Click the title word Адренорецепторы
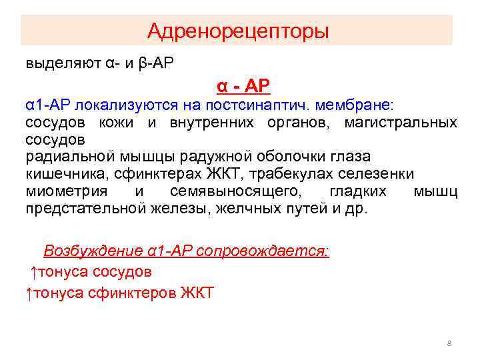click(x=238, y=31)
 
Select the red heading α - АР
click(x=243, y=86)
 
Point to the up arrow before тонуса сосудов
click(x=33, y=272)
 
